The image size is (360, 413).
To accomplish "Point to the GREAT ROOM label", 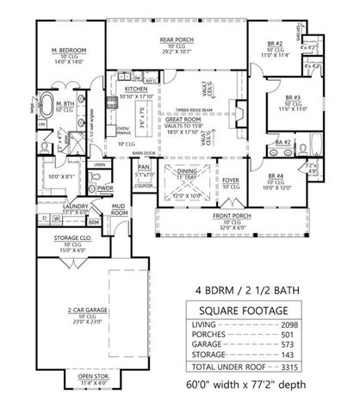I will point(181,120).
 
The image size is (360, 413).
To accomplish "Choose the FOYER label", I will point(230,181).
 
